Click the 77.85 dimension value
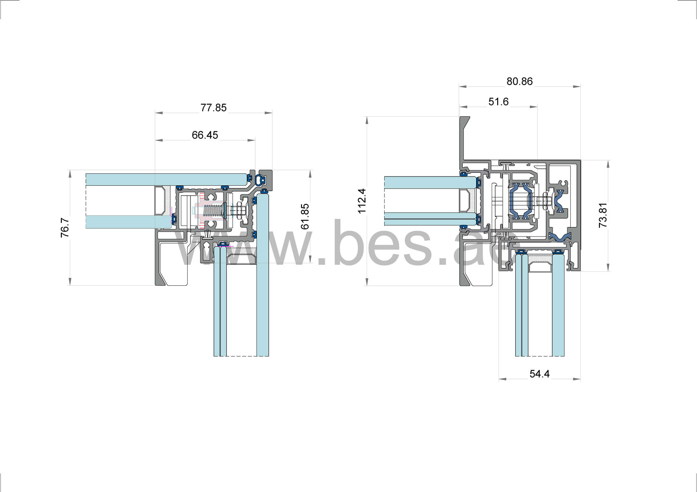point(213,108)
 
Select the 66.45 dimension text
point(205,135)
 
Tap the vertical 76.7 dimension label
point(65,228)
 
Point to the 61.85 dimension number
point(305,216)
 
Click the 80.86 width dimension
point(519,81)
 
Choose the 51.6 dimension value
point(498,102)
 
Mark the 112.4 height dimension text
point(362,201)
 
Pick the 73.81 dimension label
point(603,215)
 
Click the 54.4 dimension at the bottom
point(539,374)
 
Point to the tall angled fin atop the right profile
point(465,139)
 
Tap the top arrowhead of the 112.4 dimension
point(367,119)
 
